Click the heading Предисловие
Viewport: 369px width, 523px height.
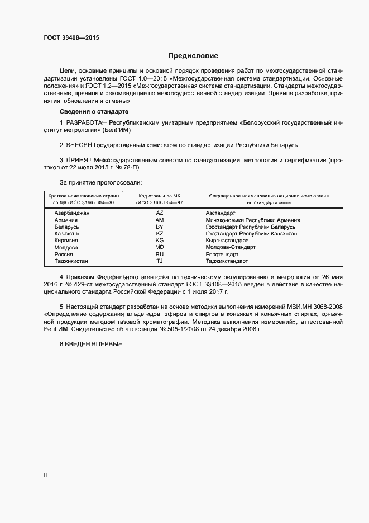(x=193, y=56)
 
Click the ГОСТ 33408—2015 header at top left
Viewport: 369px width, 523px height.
(x=71, y=37)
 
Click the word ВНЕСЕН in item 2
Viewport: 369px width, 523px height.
(x=83, y=145)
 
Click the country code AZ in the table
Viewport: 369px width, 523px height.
(x=160, y=213)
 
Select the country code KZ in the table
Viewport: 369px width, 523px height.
(x=160, y=233)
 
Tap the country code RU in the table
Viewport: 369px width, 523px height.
(x=160, y=254)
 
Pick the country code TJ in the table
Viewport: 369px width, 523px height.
(x=160, y=261)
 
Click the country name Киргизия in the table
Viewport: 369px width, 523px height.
(x=66, y=241)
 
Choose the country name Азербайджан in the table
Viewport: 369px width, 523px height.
(x=72, y=213)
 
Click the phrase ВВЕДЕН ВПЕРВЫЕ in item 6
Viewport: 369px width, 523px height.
(x=94, y=343)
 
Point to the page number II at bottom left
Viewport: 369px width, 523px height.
(x=45, y=475)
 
